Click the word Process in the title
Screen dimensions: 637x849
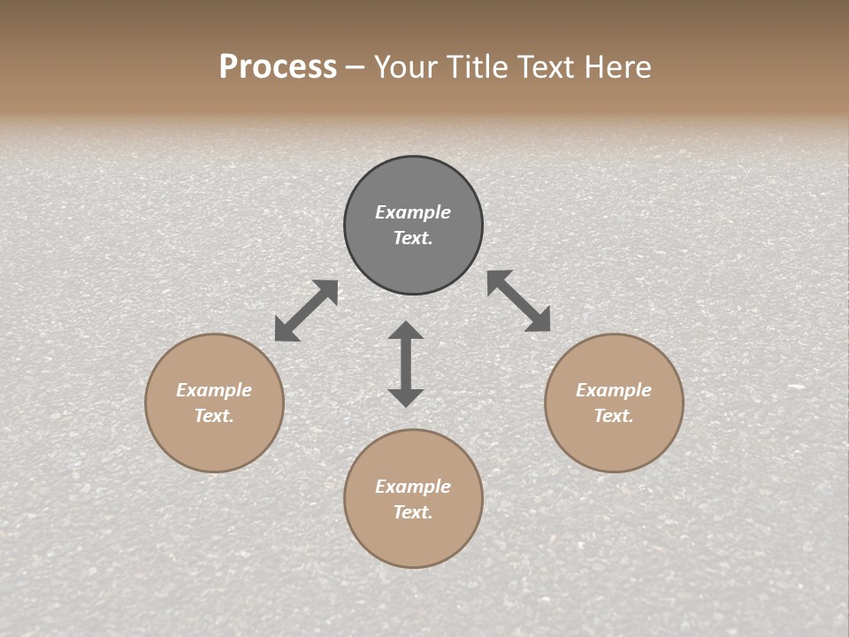[x=278, y=67]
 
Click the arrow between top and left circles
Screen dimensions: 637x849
[x=306, y=311]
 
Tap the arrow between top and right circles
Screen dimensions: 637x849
[x=519, y=301]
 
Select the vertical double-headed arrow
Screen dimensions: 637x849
[x=406, y=364]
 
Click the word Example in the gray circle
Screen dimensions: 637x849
[x=413, y=212]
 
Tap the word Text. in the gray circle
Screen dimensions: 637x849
[x=413, y=238]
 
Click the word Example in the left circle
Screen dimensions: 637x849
[x=214, y=390]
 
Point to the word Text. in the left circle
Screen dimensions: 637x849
[x=214, y=416]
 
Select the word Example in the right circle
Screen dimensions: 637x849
[x=614, y=390]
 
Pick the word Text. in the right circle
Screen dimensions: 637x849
[x=614, y=416]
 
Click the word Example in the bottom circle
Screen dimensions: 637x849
[x=413, y=487]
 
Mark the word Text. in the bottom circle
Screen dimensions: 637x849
[x=413, y=512]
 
